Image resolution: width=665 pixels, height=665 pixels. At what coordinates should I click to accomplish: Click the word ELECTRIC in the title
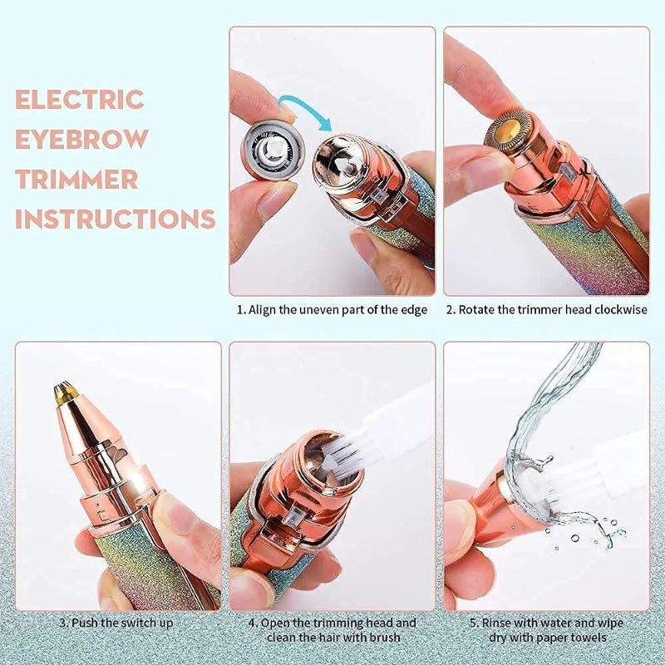click(x=80, y=100)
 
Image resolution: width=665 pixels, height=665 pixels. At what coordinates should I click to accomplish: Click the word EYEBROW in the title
click(x=81, y=139)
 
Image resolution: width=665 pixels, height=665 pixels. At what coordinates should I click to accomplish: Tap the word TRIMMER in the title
click(x=76, y=179)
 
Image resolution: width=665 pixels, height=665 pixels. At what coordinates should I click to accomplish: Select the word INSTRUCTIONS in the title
click(x=116, y=219)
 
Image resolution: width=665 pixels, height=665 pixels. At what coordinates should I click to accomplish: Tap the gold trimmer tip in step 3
click(x=62, y=390)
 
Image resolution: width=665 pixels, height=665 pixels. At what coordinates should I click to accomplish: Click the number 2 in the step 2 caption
click(x=451, y=310)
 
